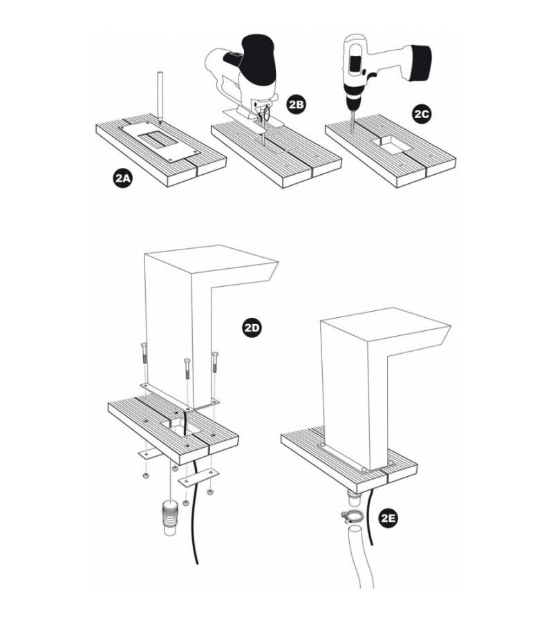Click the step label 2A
click(122, 178)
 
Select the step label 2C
click(421, 114)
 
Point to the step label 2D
click(252, 328)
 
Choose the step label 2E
click(388, 518)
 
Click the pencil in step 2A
click(160, 96)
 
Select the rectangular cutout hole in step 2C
click(391, 145)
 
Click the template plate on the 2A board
click(159, 141)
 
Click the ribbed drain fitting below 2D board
click(170, 517)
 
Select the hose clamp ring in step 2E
click(350, 516)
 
